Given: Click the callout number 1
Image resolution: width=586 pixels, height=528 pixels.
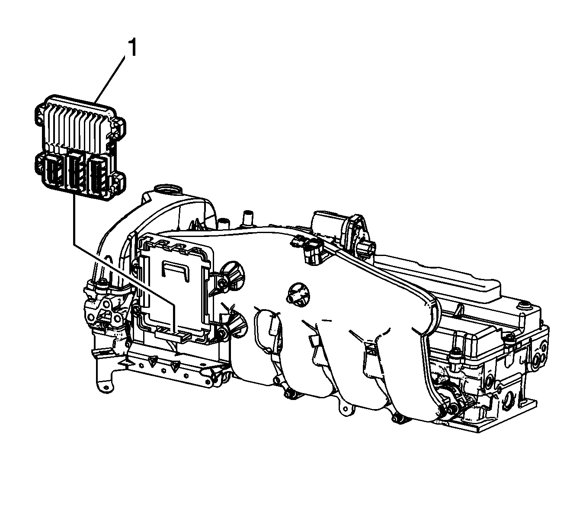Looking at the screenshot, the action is pos(133,48).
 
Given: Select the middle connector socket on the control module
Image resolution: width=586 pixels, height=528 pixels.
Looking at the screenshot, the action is pos(76,171).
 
